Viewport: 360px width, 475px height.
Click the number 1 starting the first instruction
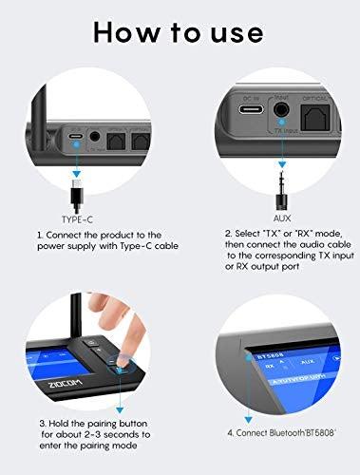click(x=39, y=234)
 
